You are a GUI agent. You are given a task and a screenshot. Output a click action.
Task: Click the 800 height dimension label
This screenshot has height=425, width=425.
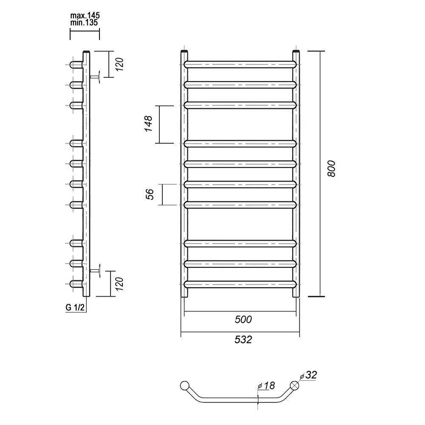tap(331, 169)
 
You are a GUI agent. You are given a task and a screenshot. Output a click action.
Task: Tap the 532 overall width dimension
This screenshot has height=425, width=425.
tap(243, 339)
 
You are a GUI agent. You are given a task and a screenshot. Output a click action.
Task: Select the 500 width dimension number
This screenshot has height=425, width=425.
tap(243, 319)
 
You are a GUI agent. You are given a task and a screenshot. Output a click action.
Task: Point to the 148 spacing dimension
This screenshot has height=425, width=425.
tap(148, 124)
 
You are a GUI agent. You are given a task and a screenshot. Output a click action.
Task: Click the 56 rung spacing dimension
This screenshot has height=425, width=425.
tap(150, 194)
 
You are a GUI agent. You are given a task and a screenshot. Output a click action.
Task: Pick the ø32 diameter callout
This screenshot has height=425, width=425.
tap(309, 375)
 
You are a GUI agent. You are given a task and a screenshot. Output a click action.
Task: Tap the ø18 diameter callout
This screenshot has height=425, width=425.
tap(266, 385)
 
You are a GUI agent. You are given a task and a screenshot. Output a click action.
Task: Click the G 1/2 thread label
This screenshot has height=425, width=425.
tap(75, 307)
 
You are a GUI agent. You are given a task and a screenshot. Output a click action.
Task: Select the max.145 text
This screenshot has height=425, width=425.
tap(85, 15)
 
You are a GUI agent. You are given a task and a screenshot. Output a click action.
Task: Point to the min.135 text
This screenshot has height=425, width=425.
tap(84, 23)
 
